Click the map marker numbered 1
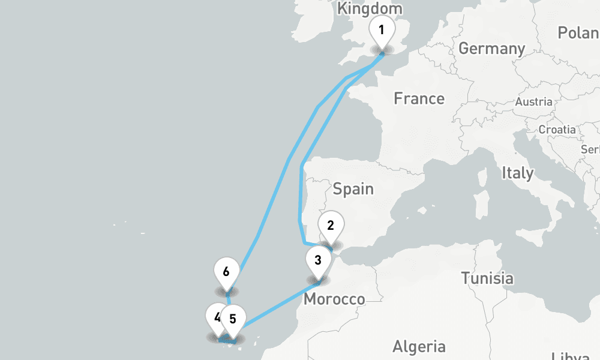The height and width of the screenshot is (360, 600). click(382, 29)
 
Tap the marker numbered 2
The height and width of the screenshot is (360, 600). click(330, 226)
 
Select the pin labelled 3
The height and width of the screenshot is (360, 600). click(318, 260)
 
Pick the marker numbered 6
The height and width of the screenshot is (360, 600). click(226, 271)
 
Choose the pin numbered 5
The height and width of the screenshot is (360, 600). click(233, 318)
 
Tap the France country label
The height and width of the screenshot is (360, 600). click(419, 98)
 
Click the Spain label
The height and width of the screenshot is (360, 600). click(353, 189)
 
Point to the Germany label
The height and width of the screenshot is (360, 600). click(491, 49)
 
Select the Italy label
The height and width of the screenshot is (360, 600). click(517, 173)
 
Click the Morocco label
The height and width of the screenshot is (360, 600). click(334, 299)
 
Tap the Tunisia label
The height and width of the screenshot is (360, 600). click(487, 278)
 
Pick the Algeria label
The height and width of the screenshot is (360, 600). click(419, 346)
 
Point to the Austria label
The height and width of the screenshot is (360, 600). click(533, 102)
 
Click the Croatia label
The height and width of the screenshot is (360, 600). click(557, 130)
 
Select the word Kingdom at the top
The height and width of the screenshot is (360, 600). click(370, 9)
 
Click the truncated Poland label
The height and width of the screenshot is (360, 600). click(578, 33)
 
